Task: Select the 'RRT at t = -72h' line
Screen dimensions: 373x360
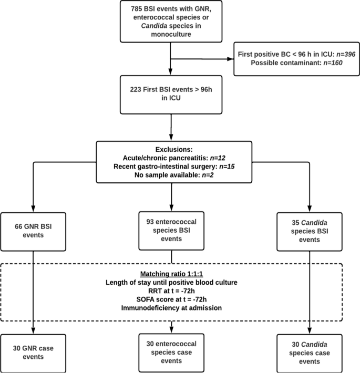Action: (172, 291)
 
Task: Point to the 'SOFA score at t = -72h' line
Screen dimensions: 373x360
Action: (172, 299)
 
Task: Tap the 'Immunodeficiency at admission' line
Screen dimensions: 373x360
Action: (172, 308)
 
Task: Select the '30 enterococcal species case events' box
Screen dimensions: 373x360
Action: (172, 351)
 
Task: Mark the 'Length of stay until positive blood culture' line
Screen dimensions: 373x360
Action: (172, 282)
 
